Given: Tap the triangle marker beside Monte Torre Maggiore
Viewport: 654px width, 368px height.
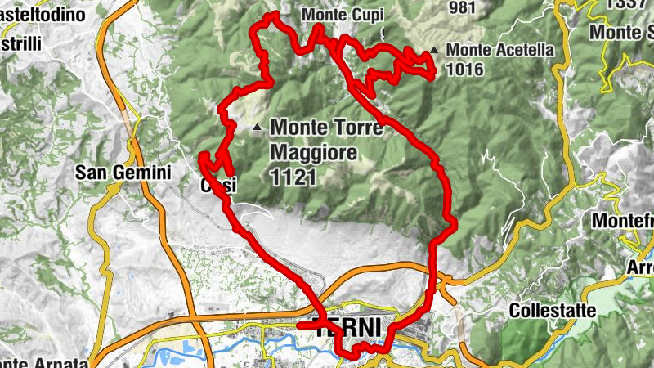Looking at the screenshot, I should [x=258, y=127].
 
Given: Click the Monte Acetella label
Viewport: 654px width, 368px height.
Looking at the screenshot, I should [x=500, y=50].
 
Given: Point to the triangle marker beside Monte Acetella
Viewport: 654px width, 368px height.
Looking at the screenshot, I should [x=434, y=51].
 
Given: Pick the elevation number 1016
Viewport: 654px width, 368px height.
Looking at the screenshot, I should [x=467, y=70].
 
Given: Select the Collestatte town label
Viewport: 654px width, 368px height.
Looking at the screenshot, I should [x=549, y=311].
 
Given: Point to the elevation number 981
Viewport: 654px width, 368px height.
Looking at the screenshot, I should [x=462, y=7].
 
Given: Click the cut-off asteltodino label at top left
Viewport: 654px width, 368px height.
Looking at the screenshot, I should [x=44, y=15].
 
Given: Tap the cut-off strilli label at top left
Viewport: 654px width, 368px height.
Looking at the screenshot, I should [x=21, y=42].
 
